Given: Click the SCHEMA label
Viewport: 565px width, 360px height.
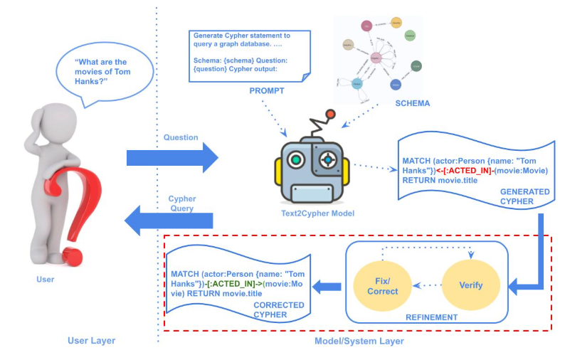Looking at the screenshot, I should click(x=412, y=103).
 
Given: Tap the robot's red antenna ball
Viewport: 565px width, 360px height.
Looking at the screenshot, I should click(x=330, y=114).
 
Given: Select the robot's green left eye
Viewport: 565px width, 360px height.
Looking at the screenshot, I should click(x=296, y=160).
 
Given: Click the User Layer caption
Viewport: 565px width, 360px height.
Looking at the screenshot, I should click(x=91, y=341).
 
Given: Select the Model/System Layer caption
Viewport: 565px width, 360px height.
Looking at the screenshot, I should click(x=359, y=342).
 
